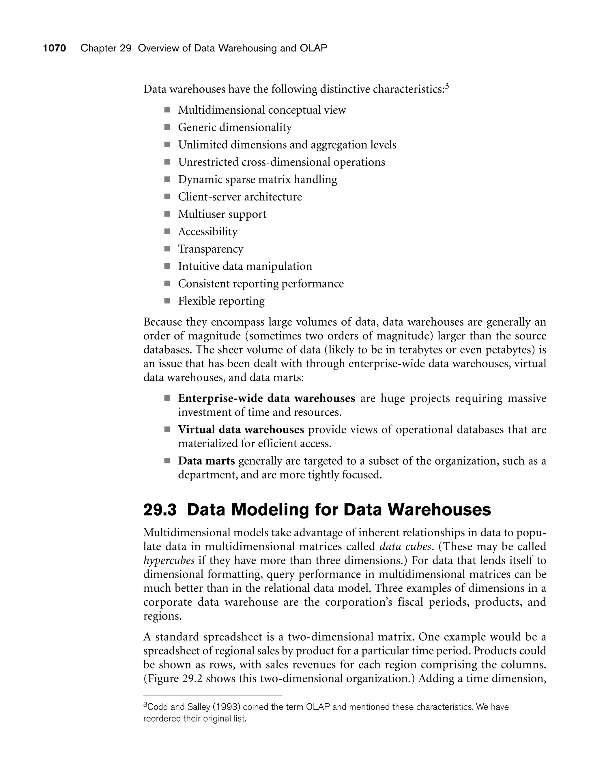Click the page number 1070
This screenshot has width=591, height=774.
pos(55,48)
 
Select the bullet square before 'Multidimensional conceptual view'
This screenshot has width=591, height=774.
pos(167,110)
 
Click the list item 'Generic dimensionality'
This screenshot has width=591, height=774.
pos(235,127)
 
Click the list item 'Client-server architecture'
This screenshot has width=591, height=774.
pos(240,197)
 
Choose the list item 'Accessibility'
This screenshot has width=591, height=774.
pos(207,232)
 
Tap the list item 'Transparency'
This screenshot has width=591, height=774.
pos(210,249)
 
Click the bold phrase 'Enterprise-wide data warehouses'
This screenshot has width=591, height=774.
pos(266,398)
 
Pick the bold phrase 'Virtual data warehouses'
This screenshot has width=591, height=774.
pos(241,429)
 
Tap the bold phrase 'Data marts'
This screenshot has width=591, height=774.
pos(206,461)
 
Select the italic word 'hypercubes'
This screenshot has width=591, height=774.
pos(169,560)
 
